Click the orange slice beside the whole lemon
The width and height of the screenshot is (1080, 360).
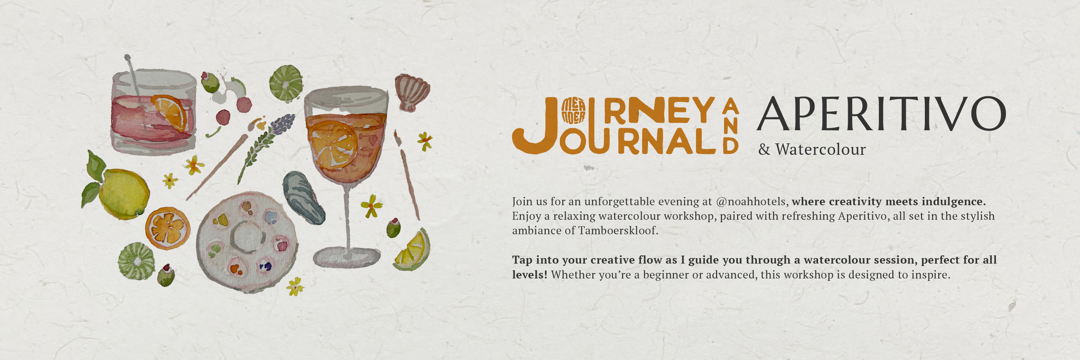(167, 228)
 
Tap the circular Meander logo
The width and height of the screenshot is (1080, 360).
(573, 111)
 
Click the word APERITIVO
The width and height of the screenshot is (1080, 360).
(881, 114)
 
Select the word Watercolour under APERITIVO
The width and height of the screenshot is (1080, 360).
(820, 150)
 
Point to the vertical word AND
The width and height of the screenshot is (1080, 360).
(730, 126)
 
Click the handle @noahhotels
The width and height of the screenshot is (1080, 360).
(750, 201)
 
